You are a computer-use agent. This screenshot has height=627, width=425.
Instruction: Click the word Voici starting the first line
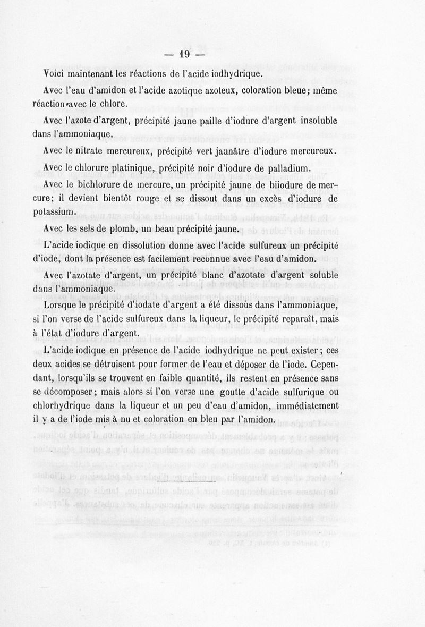point(54,73)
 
